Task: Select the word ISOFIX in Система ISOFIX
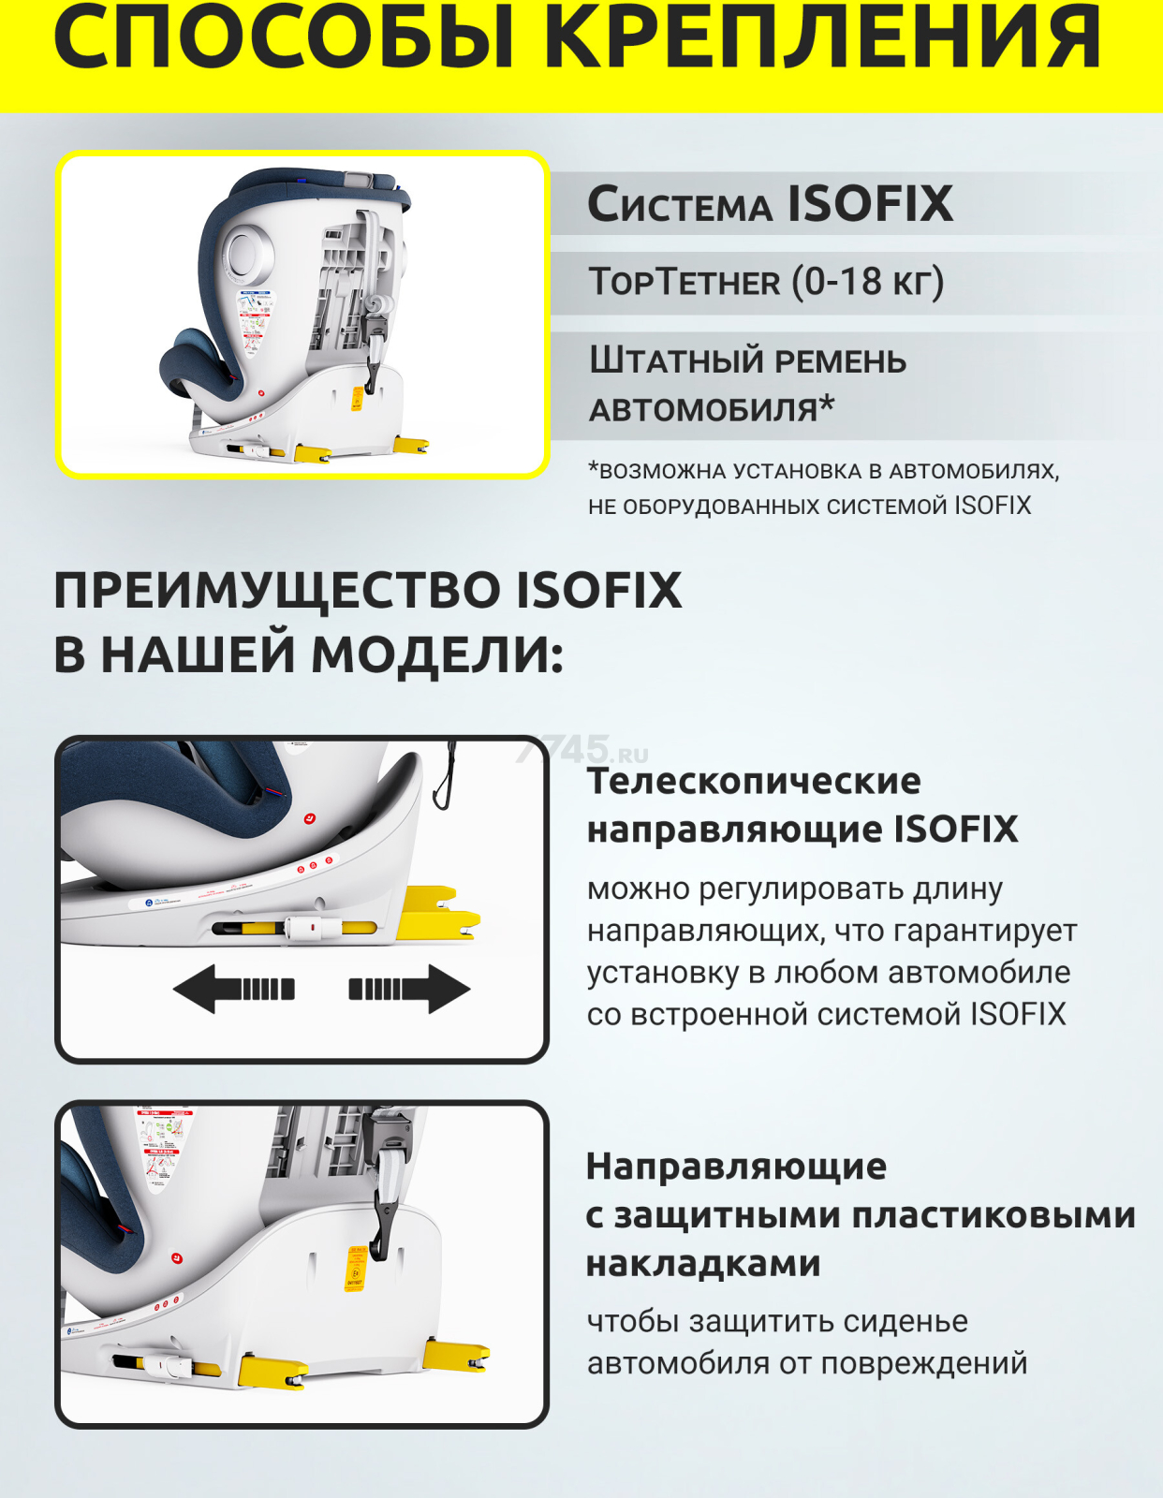[x=870, y=204]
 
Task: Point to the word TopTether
[x=685, y=282]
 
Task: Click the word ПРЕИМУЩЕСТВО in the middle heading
[x=276, y=591]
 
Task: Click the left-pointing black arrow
[x=234, y=989]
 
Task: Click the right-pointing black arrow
[x=409, y=989]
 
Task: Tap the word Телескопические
[x=754, y=781]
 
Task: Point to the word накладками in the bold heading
[x=703, y=1263]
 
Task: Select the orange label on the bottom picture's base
[x=356, y=1269]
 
